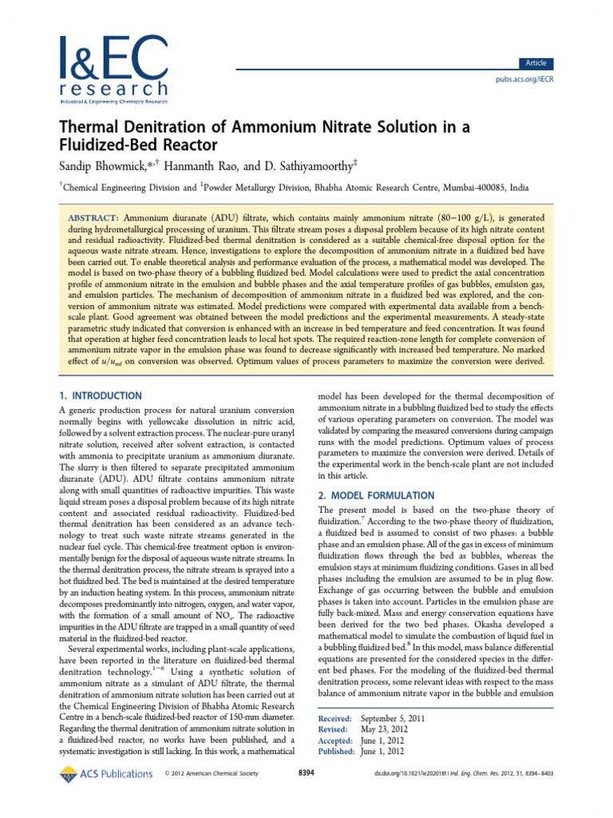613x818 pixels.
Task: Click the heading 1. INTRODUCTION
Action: coord(101,395)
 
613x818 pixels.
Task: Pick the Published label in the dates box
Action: coord(336,752)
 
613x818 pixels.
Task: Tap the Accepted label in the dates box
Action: coord(335,741)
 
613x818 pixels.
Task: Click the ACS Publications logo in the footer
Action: coord(105,773)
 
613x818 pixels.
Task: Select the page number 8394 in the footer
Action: coord(306,773)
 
